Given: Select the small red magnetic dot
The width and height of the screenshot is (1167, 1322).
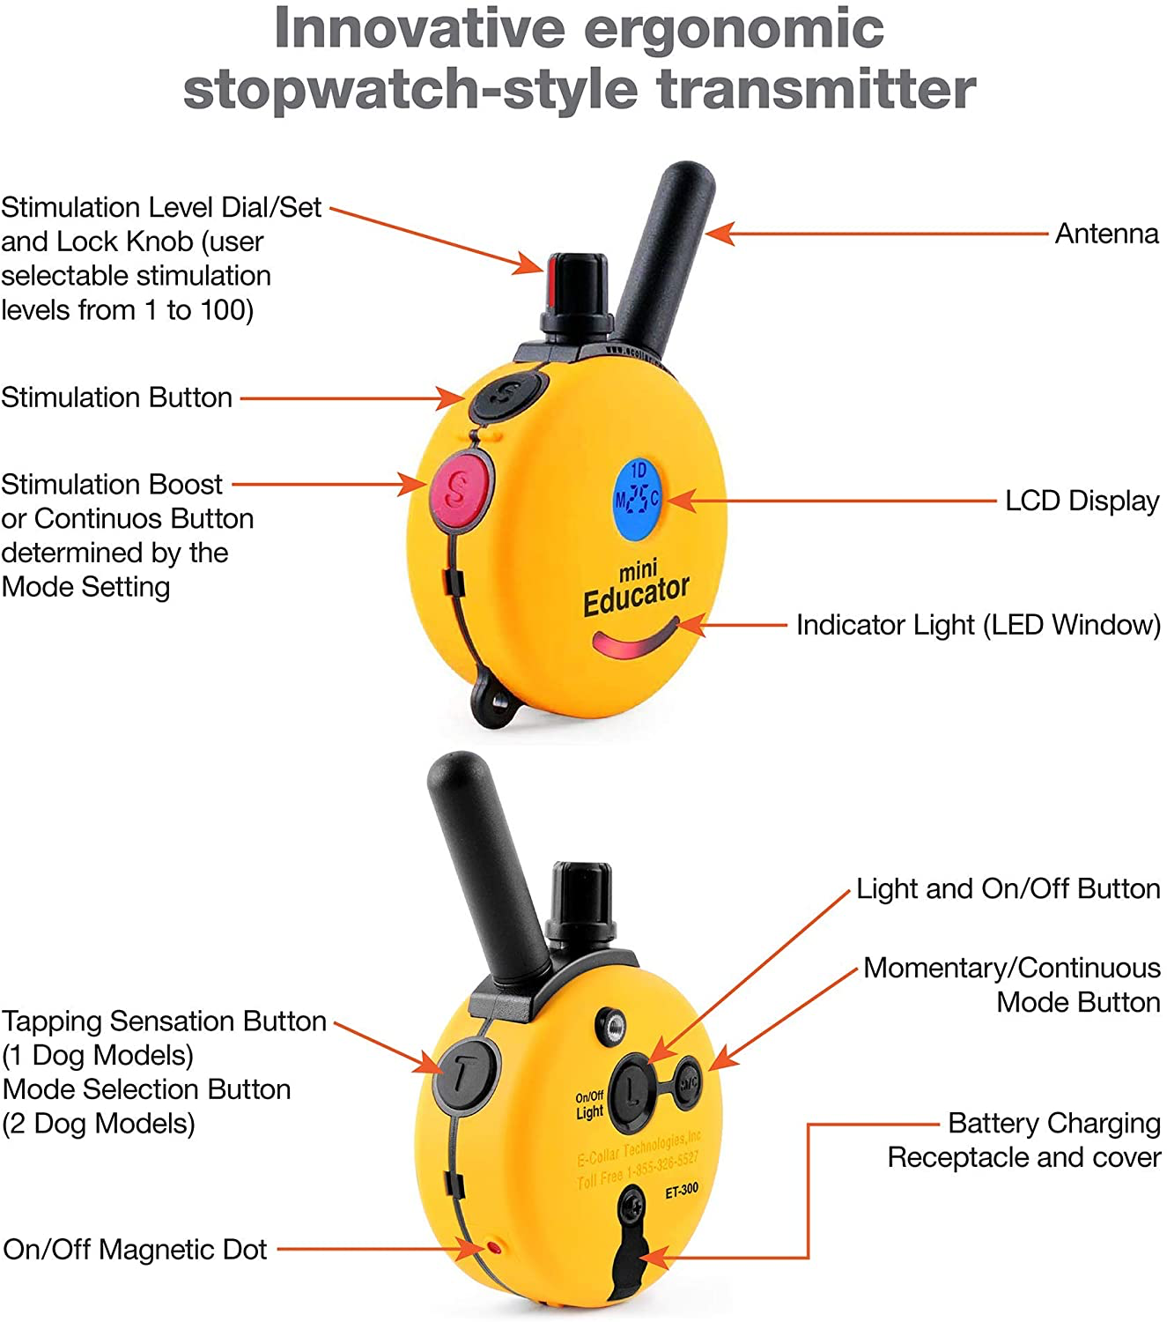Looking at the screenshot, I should coord(494,1248).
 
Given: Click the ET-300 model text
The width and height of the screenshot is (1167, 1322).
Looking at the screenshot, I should coord(681,1191).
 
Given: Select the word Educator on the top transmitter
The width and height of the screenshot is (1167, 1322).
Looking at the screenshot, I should coord(636,596).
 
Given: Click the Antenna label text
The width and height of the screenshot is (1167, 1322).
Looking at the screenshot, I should coord(1106,234).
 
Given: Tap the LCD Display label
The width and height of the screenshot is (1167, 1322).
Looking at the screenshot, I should coord(1082,501).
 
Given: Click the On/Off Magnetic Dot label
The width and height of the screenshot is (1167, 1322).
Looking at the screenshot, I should coord(135,1249).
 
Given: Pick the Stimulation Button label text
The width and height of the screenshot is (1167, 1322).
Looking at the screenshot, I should coord(116,397).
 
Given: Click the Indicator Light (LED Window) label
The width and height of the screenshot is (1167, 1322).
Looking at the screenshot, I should coord(978,625).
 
